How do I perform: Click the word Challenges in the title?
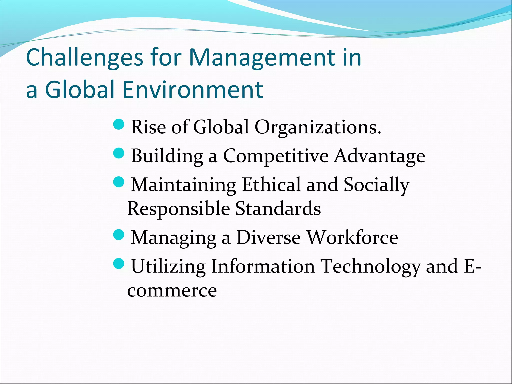84,58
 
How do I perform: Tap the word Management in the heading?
262,58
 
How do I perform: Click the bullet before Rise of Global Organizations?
119,124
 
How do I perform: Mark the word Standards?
278,208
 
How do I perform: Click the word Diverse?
268,237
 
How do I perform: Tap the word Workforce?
352,237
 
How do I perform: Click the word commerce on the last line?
172,291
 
